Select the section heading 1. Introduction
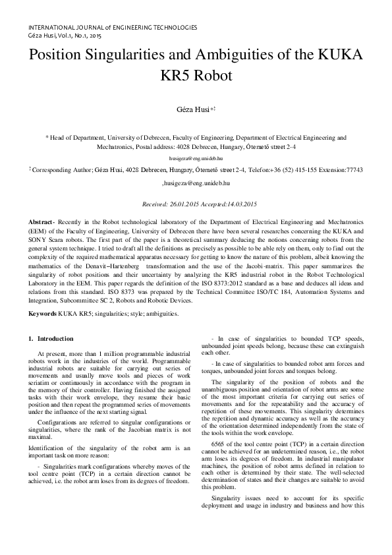51,339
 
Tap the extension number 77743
353,169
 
